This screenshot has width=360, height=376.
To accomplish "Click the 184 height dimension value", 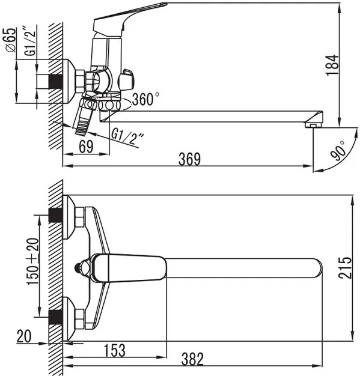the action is click(x=332, y=65).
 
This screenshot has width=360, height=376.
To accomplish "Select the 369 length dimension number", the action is click(x=189, y=159).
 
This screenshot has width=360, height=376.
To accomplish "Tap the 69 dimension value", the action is click(x=86, y=147).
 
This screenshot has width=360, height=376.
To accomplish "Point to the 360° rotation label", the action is click(x=145, y=99).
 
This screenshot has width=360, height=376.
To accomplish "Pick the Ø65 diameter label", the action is click(x=10, y=40).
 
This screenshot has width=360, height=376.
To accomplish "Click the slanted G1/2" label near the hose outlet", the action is click(x=127, y=136).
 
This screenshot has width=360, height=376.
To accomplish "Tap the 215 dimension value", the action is click(x=345, y=268).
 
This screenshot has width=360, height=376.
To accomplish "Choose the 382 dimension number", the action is click(x=192, y=359).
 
